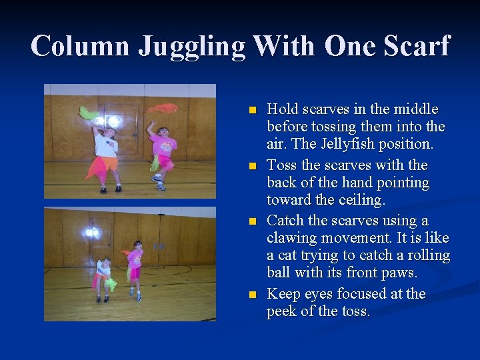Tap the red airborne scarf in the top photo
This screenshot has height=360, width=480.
coord(162,107)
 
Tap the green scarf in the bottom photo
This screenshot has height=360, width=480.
coord(111,285)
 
